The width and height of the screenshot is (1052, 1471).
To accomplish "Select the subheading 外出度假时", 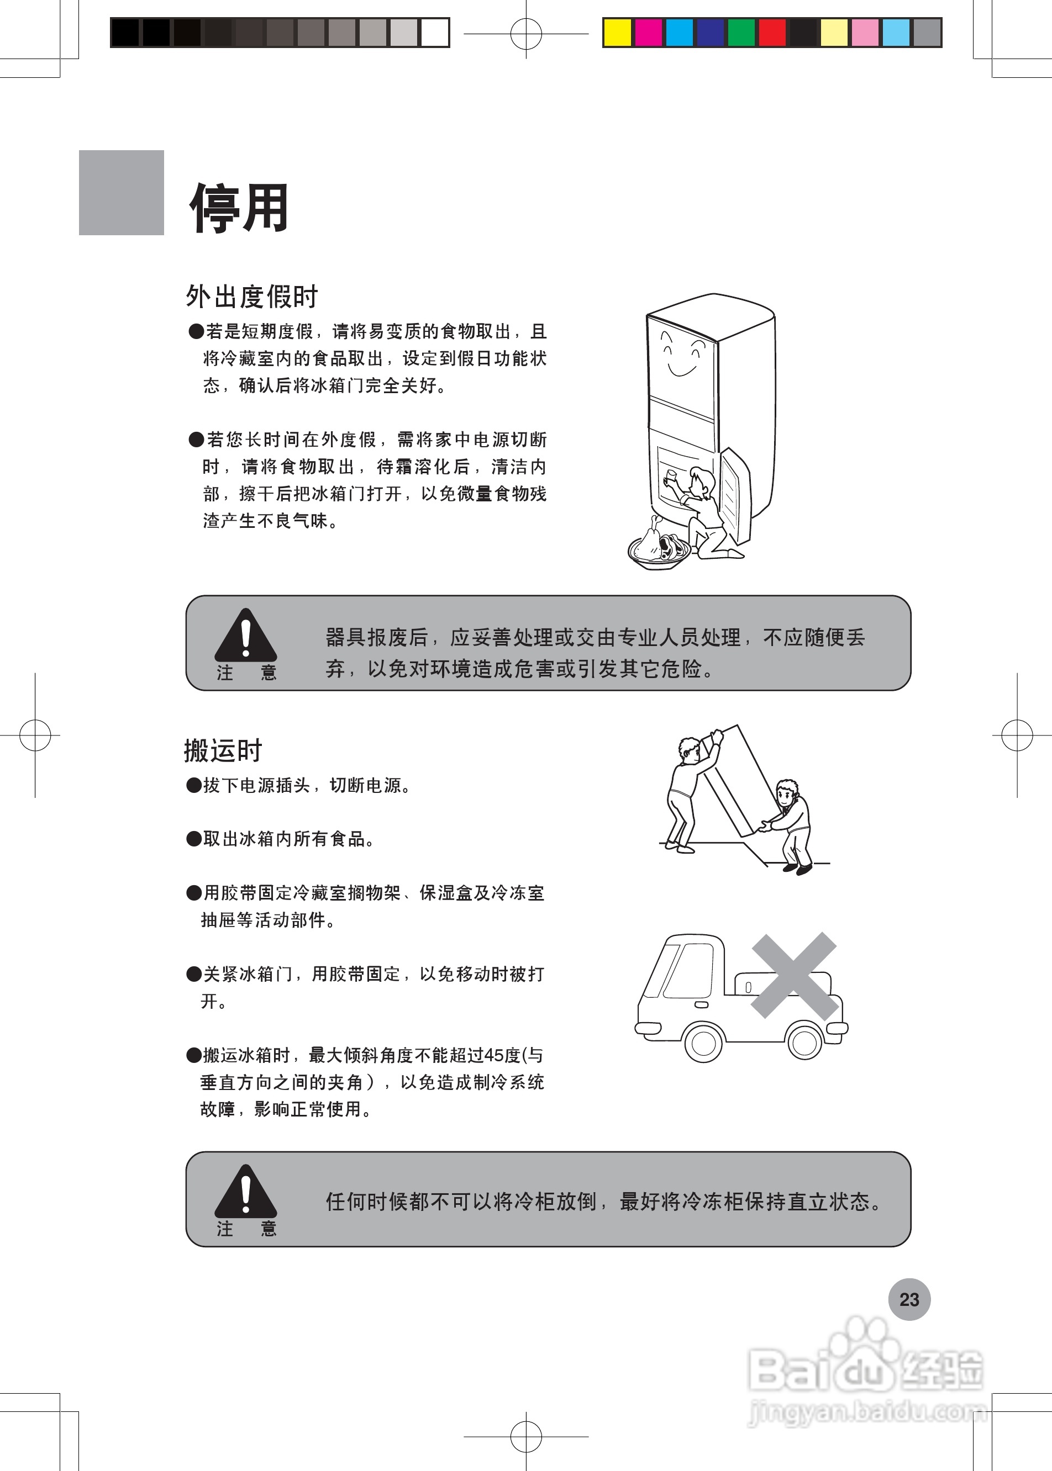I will pyautogui.click(x=251, y=297).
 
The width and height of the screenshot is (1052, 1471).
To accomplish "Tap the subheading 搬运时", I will pyautogui.click(x=223, y=751).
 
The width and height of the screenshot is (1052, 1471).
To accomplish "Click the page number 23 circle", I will pyautogui.click(x=909, y=1299).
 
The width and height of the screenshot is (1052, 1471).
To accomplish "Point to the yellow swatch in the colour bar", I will pyautogui.click(x=617, y=33).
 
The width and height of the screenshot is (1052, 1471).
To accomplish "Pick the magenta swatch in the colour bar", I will pyautogui.click(x=648, y=33).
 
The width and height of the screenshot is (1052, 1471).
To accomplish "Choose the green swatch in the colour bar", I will pyautogui.click(x=741, y=33).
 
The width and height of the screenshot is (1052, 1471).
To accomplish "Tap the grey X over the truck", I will pyautogui.click(x=794, y=975).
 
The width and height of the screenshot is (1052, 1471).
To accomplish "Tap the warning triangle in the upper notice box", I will pyautogui.click(x=245, y=637).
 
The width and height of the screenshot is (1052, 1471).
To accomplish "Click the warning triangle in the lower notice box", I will pyautogui.click(x=245, y=1193).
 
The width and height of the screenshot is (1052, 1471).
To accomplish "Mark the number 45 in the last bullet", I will pyautogui.click(x=493, y=1056).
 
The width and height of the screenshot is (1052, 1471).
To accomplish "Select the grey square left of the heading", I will pyautogui.click(x=121, y=192).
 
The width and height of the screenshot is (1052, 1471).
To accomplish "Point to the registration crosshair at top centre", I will pyautogui.click(x=526, y=34).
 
